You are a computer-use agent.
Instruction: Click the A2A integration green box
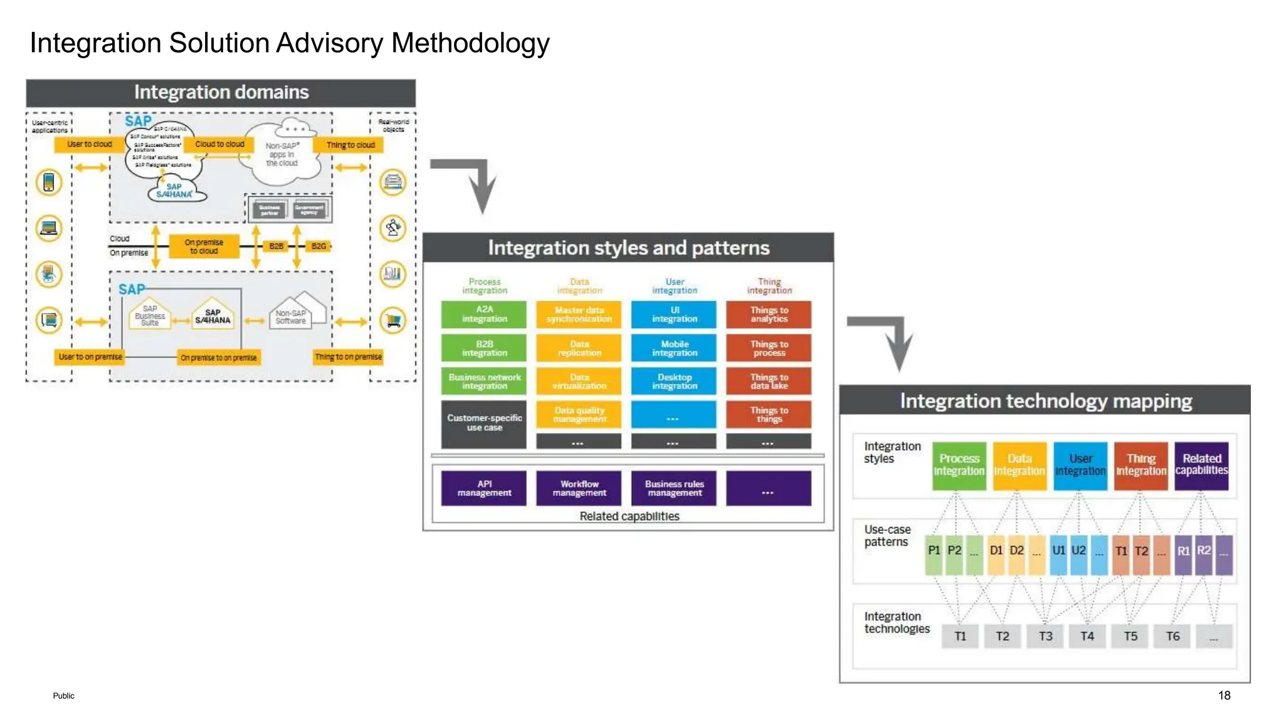click(483, 314)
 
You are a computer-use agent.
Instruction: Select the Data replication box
click(579, 348)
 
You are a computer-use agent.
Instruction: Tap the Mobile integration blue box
click(674, 348)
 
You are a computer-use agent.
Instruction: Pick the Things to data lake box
click(769, 381)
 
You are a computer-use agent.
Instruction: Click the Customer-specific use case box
click(483, 423)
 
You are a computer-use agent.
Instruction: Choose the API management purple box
click(483, 488)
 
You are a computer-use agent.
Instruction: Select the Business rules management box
click(674, 488)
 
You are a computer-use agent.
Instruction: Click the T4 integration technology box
click(1087, 636)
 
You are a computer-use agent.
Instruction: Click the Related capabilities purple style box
click(1201, 465)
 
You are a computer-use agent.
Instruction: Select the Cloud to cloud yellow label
click(219, 144)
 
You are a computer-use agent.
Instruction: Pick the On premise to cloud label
click(204, 246)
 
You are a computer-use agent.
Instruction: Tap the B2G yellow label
click(318, 246)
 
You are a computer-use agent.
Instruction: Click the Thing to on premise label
click(348, 357)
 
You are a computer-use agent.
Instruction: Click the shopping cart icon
click(393, 321)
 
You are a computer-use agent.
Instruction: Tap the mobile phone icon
click(49, 182)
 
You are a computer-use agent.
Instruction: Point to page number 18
click(1224, 695)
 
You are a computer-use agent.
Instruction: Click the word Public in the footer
click(63, 696)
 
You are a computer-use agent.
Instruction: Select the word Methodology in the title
click(470, 43)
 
